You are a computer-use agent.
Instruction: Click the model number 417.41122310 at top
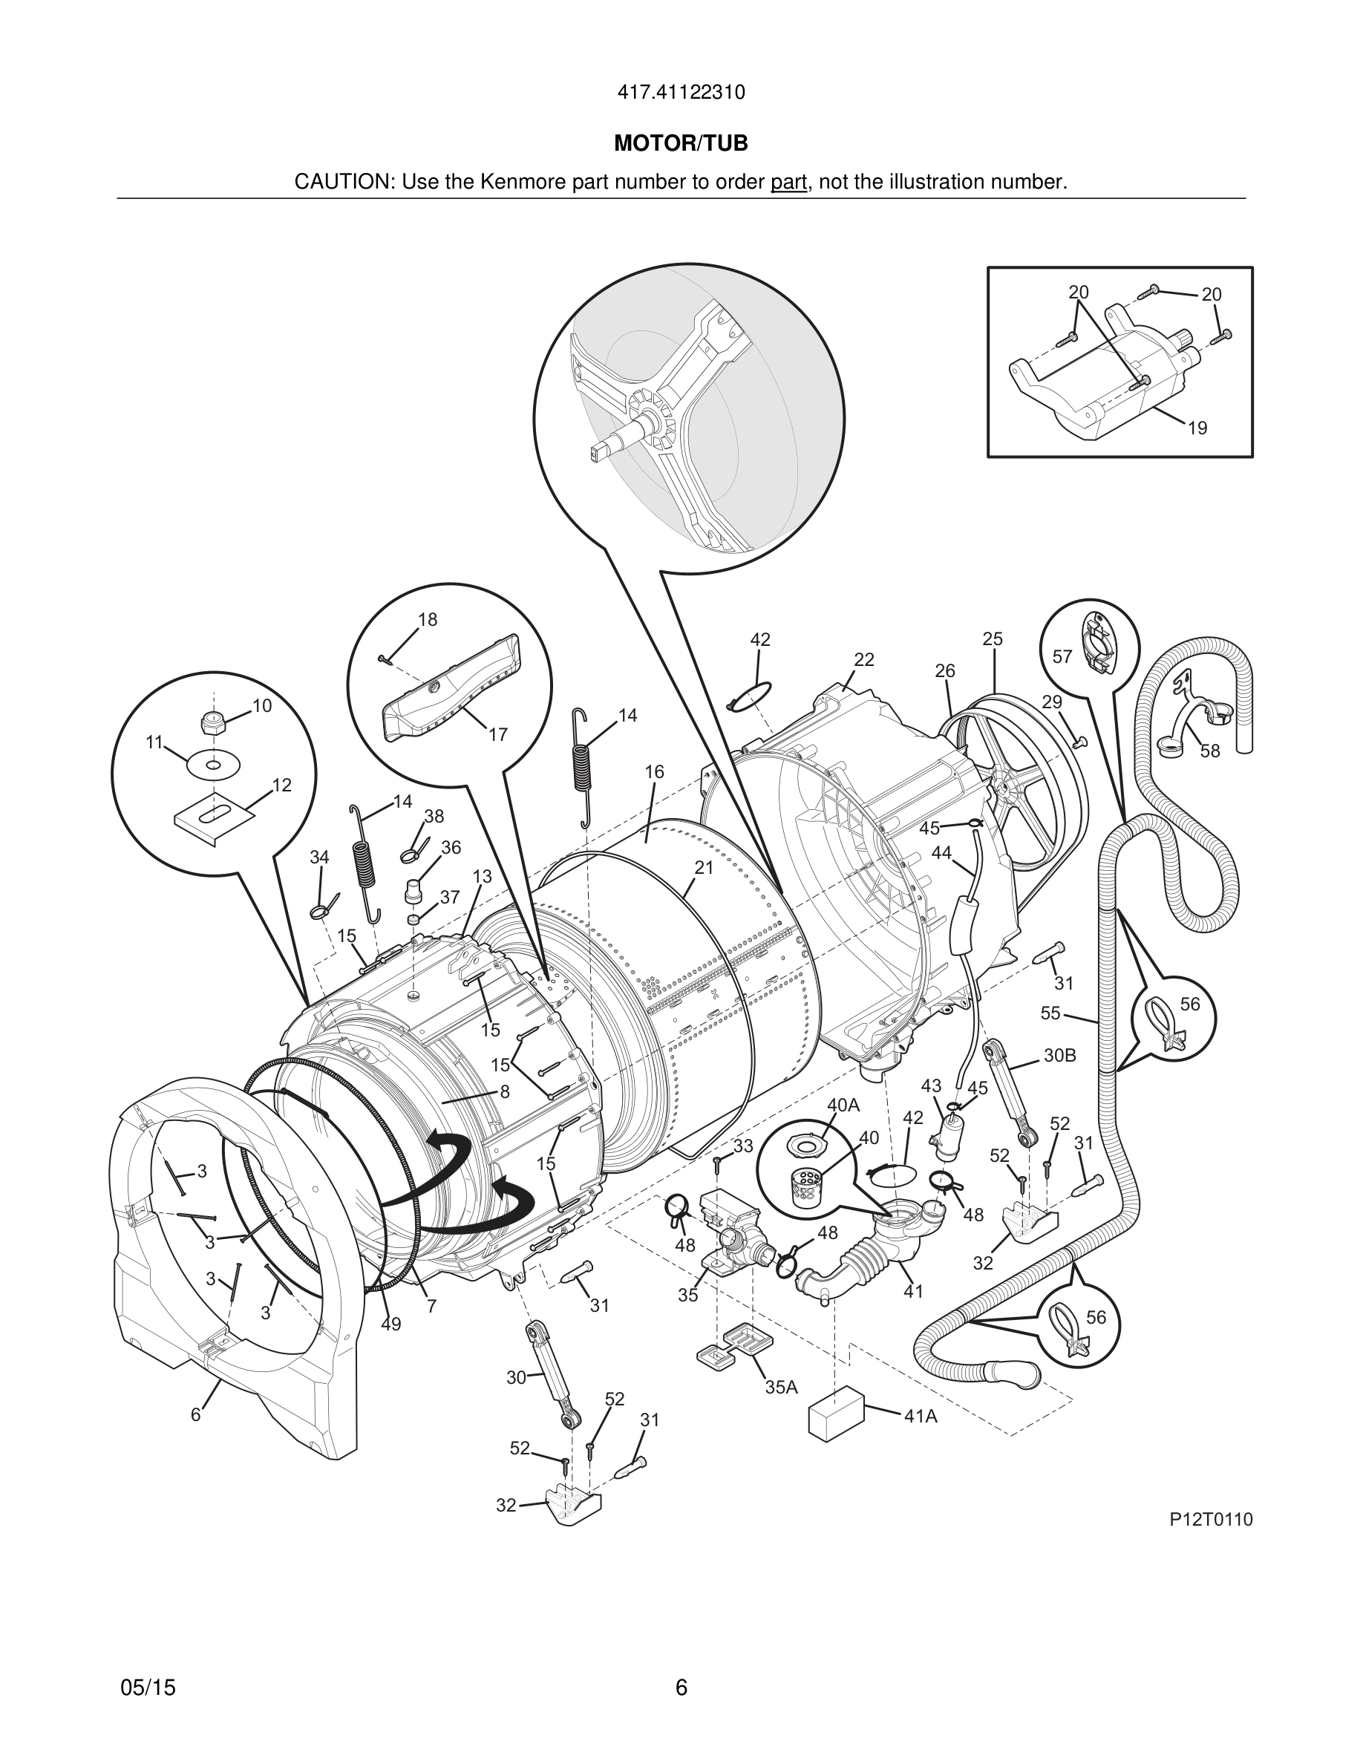pos(681,93)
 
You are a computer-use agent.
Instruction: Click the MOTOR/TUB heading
pos(681,144)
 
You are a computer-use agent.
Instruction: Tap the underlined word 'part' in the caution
pos(788,182)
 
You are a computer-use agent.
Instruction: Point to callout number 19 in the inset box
pos(1197,429)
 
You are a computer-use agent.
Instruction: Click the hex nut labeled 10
pos(212,722)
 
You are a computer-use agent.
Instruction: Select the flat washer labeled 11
pos(213,764)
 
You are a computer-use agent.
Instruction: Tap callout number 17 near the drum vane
pos(498,734)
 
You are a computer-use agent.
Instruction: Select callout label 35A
pos(781,1388)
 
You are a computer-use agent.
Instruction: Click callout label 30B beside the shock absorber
pos(1059,1056)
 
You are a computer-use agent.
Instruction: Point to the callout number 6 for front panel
pos(195,1415)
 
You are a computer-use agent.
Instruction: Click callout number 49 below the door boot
pos(390,1324)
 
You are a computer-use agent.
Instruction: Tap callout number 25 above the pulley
pos(993,639)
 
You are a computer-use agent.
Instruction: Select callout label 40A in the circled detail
pos(843,1105)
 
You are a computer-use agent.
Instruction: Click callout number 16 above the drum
pos(654,771)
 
